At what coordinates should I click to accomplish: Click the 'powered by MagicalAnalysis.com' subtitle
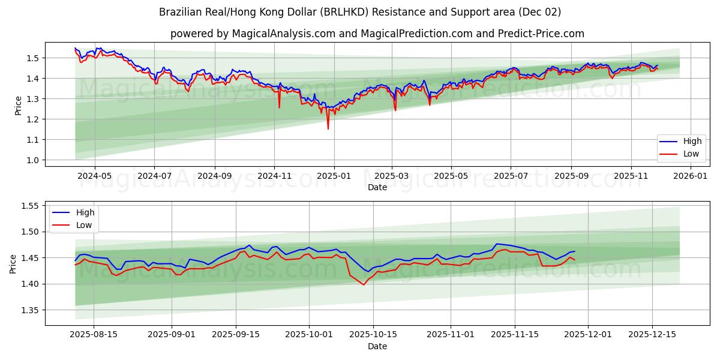pos(377,34)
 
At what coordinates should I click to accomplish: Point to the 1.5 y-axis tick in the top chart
pos(32,58)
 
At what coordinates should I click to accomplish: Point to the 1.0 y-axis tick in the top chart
pos(32,160)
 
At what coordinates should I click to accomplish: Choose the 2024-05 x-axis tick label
pos(94,176)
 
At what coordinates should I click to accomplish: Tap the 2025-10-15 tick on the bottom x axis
pos(373,335)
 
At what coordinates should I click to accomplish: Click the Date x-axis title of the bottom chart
pos(377,346)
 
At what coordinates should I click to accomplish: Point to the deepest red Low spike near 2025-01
pos(328,128)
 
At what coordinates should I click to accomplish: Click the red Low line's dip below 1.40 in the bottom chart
pos(364,284)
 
